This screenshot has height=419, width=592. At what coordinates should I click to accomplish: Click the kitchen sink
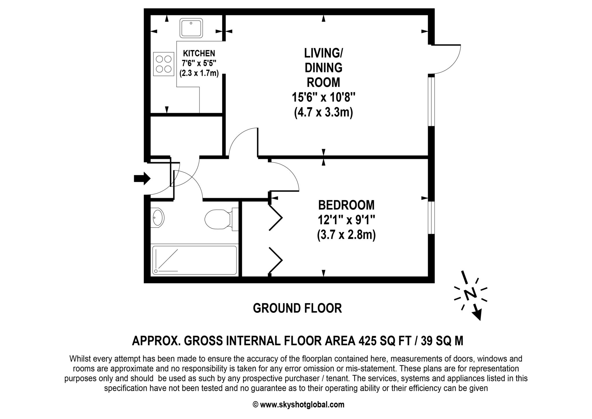(x=191, y=28)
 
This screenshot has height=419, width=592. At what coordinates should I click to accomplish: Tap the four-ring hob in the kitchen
(x=164, y=64)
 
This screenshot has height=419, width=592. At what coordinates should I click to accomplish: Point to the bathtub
(x=194, y=260)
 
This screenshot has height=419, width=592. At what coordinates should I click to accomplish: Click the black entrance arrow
(x=142, y=178)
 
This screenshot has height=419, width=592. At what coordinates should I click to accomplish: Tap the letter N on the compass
(x=470, y=294)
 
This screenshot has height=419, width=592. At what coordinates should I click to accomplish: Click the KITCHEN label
(x=199, y=53)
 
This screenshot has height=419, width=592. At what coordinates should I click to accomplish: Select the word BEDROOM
(x=346, y=205)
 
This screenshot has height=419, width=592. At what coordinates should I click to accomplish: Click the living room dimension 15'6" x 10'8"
(x=323, y=98)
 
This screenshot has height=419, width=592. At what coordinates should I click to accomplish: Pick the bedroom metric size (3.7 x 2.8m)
(x=346, y=235)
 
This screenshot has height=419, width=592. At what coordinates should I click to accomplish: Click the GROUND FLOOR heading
(x=297, y=308)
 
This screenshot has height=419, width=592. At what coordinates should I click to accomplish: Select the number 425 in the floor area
(x=367, y=341)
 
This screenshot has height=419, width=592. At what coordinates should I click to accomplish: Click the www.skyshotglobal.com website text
(x=302, y=405)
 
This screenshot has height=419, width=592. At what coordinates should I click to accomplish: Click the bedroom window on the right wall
(x=431, y=217)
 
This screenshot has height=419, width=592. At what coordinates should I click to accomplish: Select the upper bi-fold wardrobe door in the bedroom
(x=275, y=217)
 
